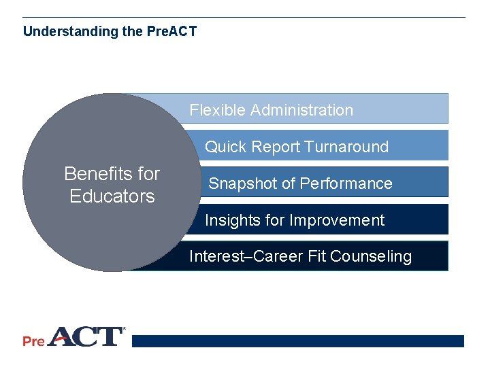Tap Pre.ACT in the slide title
[171, 32]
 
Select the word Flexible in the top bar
[217, 110]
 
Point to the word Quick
[226, 147]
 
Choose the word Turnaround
[346, 147]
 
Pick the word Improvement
[337, 220]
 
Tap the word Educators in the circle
[112, 196]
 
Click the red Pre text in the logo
[33, 341]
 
